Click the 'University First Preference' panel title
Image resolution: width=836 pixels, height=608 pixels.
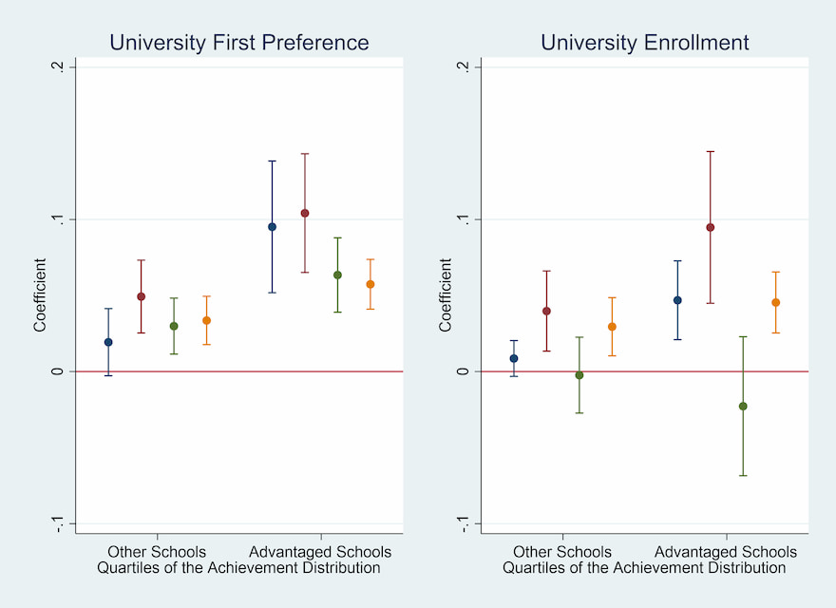click(x=238, y=43)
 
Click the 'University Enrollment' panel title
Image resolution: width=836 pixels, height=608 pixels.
click(x=644, y=43)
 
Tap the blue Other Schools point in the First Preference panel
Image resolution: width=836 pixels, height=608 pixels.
click(x=108, y=342)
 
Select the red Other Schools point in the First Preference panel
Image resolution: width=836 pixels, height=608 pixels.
click(x=141, y=296)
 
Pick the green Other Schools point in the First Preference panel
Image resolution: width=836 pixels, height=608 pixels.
click(x=174, y=326)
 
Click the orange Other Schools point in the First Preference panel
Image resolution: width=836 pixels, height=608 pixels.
click(x=206, y=320)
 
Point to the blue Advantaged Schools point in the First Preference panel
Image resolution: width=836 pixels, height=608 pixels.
click(x=272, y=227)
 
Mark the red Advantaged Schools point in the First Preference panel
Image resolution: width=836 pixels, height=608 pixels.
click(x=305, y=213)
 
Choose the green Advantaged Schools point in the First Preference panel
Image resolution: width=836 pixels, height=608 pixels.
click(x=337, y=275)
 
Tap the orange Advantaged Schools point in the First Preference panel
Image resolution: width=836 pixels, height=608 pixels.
click(x=370, y=284)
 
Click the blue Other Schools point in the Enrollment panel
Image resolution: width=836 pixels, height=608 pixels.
click(x=514, y=358)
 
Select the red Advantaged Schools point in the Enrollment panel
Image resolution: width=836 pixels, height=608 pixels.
click(x=710, y=227)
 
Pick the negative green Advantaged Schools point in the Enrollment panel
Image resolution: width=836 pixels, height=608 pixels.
click(x=743, y=407)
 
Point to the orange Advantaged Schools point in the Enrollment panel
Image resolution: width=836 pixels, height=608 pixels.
click(x=775, y=303)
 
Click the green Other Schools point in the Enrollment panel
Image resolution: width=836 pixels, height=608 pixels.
click(x=579, y=375)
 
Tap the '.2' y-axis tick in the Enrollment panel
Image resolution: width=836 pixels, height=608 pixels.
click(x=463, y=67)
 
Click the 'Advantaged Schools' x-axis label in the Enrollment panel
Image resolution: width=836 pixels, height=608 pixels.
click(x=726, y=552)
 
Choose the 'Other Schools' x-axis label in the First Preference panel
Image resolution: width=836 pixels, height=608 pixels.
click(x=157, y=552)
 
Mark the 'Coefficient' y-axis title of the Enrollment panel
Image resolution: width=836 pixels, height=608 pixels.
click(x=446, y=295)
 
